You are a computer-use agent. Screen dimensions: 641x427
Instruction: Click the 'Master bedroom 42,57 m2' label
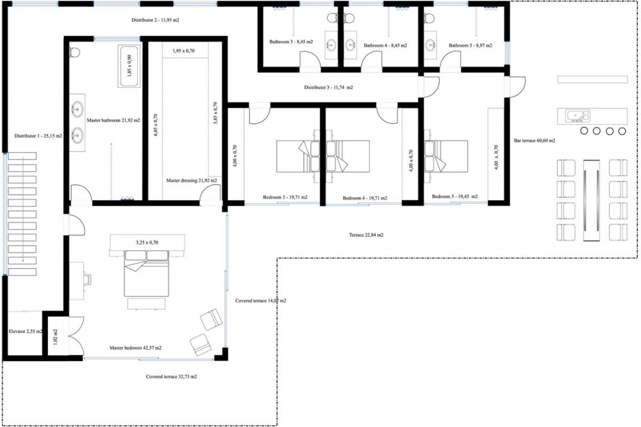[x=135, y=348]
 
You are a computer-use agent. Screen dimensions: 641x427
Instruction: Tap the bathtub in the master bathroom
[x=129, y=66]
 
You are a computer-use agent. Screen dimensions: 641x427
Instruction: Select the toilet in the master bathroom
[x=74, y=52]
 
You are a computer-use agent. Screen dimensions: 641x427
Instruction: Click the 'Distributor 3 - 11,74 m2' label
[x=328, y=88]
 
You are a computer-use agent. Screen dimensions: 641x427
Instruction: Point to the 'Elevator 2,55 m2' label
[x=26, y=331]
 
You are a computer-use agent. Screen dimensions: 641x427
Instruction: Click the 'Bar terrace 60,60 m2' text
[x=535, y=140]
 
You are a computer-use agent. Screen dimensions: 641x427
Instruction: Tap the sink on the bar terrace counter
[x=578, y=116]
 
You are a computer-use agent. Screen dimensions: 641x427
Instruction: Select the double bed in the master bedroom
[x=146, y=274]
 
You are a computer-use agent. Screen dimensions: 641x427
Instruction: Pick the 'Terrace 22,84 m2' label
[x=366, y=235]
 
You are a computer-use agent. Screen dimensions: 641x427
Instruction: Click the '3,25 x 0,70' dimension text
[x=147, y=242]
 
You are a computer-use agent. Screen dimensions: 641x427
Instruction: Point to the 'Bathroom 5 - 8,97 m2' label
[x=470, y=46]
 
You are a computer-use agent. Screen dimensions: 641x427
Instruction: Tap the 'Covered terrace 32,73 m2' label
[x=171, y=377]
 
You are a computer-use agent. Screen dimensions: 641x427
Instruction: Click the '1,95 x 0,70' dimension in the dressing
[x=183, y=51]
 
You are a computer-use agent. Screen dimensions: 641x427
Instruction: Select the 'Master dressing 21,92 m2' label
[x=191, y=180]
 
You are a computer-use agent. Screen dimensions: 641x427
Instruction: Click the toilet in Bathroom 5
[x=429, y=18]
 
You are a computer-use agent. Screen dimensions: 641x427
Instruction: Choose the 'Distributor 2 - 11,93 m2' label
[x=155, y=20]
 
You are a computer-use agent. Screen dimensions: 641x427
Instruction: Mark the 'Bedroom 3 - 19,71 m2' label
[x=285, y=197]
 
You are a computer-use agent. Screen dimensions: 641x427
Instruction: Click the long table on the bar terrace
[x=591, y=200]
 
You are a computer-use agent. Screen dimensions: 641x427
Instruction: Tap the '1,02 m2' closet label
[x=55, y=337]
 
